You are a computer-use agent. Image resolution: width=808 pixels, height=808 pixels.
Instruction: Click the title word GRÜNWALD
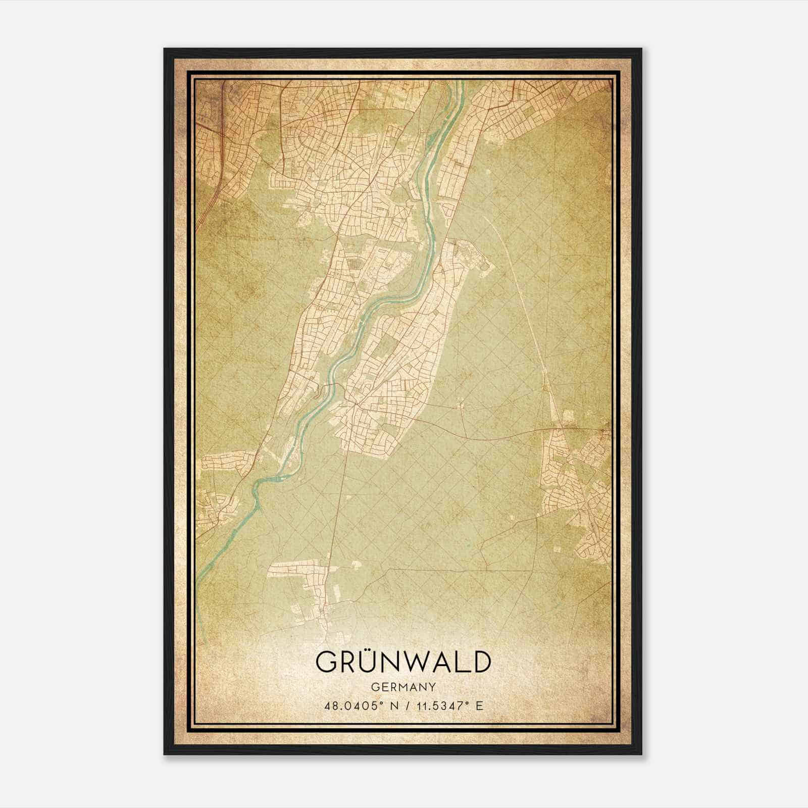click(x=403, y=662)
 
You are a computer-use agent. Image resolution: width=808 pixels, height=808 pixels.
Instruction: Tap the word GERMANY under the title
click(x=403, y=687)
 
